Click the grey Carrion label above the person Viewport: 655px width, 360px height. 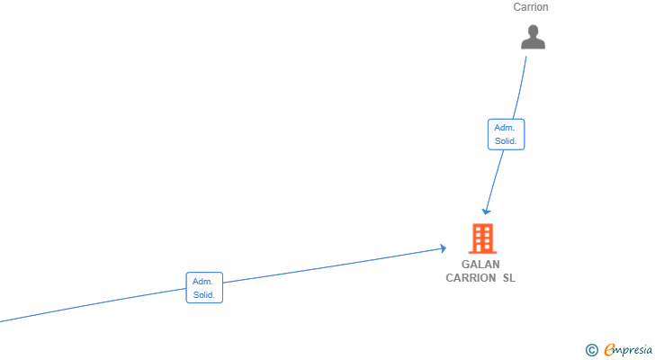tap(531, 7)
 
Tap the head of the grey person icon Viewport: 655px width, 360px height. tap(533, 31)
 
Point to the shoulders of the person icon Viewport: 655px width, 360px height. tap(533, 43)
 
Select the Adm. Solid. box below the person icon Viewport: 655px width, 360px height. tap(506, 134)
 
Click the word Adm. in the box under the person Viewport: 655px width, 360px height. tap(505, 128)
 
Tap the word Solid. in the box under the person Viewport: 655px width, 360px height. tap(506, 141)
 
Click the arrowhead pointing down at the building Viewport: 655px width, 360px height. tap(486, 211)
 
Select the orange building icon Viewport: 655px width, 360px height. tap(482, 238)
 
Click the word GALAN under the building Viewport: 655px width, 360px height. tap(480, 265)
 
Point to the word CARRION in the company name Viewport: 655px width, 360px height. tap(471, 278)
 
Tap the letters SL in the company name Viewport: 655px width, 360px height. tap(509, 278)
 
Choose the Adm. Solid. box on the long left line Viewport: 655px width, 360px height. tap(204, 288)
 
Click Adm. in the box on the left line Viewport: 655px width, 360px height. tap(202, 282)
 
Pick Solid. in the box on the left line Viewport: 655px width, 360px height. tap(204, 295)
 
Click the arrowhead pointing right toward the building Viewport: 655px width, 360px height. tap(443, 248)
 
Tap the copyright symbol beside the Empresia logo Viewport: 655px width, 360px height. tap(591, 350)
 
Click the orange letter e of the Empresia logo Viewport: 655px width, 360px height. tap(610, 349)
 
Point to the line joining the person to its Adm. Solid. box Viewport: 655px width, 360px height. tap(521, 87)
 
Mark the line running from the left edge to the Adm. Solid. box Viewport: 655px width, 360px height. tap(93, 305)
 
